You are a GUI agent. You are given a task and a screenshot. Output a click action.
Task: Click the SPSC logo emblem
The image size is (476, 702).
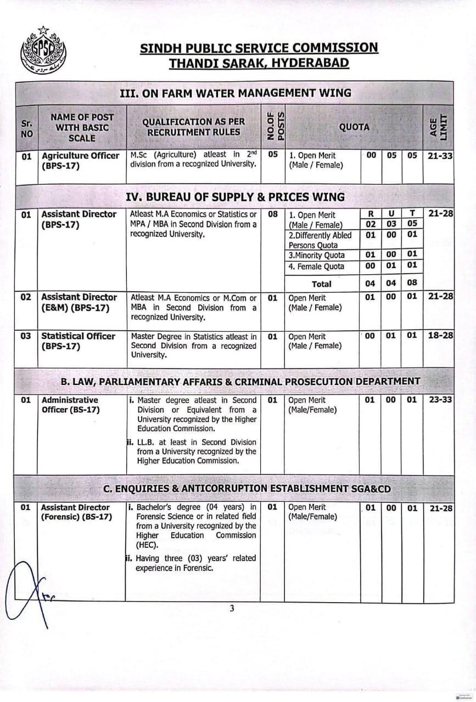pyautogui.click(x=43, y=51)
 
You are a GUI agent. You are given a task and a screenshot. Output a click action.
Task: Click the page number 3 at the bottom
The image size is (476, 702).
pyautogui.click(x=232, y=608)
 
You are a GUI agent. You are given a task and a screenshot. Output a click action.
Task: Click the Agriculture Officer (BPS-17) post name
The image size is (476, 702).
pyautogui.click(x=80, y=160)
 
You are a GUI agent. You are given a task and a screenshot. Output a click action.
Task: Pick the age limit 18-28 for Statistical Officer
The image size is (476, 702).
pyautogui.click(x=440, y=336)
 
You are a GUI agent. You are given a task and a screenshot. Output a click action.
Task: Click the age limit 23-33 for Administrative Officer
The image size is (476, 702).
pyautogui.click(x=440, y=400)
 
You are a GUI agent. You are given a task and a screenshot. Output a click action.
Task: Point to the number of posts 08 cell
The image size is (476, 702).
pyautogui.click(x=273, y=214)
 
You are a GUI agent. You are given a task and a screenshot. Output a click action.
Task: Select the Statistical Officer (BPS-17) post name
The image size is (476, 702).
pyautogui.click(x=78, y=341)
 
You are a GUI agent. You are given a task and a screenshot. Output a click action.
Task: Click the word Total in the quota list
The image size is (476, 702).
pyautogui.click(x=321, y=284)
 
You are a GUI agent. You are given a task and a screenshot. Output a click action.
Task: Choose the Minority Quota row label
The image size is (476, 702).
pyautogui.click(x=317, y=255)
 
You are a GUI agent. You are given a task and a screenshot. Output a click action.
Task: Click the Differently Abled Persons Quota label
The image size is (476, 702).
pyautogui.click(x=320, y=240)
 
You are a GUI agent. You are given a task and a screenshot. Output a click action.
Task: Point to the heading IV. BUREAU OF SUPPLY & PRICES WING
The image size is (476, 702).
pyautogui.click(x=235, y=196)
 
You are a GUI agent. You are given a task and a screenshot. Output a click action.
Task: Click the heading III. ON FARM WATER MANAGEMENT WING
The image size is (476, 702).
pyautogui.click(x=235, y=93)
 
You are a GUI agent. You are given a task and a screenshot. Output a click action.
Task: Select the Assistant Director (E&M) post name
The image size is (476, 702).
pyautogui.click(x=79, y=302)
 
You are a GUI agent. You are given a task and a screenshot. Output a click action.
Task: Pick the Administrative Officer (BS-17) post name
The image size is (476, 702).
pyautogui.click(x=70, y=405)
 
